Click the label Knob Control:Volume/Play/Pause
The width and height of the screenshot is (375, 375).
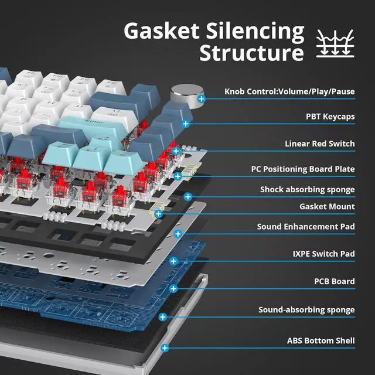pyautogui.click(x=289, y=91)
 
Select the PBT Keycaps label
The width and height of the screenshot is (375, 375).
pyautogui.click(x=330, y=117)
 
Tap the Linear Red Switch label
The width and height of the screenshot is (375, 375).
pyautogui.click(x=319, y=144)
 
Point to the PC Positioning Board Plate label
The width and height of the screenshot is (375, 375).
pyautogui.click(x=303, y=169)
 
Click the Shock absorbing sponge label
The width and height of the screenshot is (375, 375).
pyautogui.click(x=307, y=189)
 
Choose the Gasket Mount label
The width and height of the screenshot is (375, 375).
pyautogui.click(x=327, y=206)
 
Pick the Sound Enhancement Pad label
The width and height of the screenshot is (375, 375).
pyautogui.click(x=306, y=226)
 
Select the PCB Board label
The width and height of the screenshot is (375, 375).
pyautogui.click(x=334, y=281)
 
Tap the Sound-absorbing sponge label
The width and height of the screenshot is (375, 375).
pyautogui.click(x=306, y=309)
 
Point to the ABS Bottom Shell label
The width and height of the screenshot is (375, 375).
pyautogui.click(x=321, y=340)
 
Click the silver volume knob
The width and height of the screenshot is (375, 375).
pyautogui.click(x=183, y=94)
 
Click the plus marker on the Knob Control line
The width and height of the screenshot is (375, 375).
pyautogui.click(x=202, y=100)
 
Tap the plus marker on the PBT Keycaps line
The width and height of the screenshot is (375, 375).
pyautogui.click(x=186, y=124)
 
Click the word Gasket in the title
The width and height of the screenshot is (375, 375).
pyautogui.click(x=162, y=31)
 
